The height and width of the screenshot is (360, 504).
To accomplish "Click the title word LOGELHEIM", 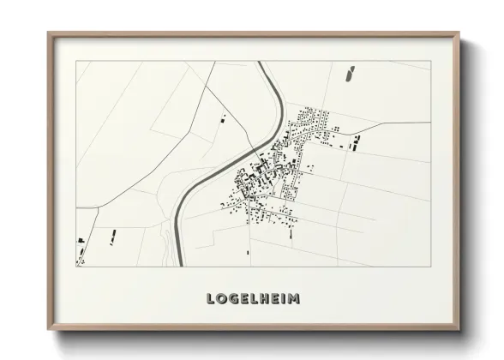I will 253,299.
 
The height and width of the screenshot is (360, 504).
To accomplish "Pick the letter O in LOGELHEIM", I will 220,299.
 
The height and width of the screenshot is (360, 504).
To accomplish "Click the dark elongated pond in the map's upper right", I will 350,75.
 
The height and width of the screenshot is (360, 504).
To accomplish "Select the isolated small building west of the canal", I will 225,117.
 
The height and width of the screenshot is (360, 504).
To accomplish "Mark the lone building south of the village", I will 248,251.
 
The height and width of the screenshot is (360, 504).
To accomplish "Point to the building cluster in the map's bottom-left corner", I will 81,250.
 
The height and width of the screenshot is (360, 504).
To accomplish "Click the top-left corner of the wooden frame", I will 49,33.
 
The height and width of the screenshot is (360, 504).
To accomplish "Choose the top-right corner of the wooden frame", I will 460,33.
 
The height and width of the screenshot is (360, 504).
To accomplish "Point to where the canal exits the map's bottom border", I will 178,265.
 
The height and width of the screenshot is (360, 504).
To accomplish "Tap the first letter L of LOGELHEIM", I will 211,299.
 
